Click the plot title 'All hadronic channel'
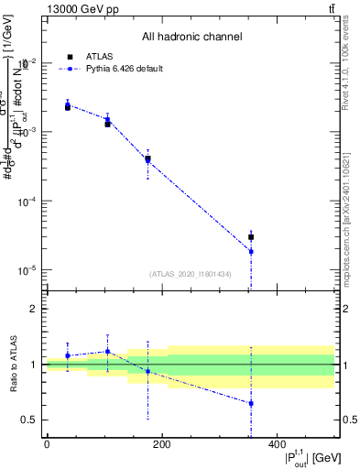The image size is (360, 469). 191,38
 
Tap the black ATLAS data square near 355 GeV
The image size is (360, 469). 251,237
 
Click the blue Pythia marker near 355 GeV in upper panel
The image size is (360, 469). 251,251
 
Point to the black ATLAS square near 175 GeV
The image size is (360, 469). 147,158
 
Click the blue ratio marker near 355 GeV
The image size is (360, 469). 251,403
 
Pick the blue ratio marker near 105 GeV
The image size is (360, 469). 107,351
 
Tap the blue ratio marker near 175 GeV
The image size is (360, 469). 147,371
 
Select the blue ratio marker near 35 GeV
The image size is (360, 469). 68,355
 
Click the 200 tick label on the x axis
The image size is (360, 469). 161,444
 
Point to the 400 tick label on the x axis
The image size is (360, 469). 277,444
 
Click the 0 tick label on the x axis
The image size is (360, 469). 47,444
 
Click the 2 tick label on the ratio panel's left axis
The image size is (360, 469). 34,309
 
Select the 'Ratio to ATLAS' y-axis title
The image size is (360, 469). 13,364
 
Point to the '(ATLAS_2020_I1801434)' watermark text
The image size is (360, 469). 191,274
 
